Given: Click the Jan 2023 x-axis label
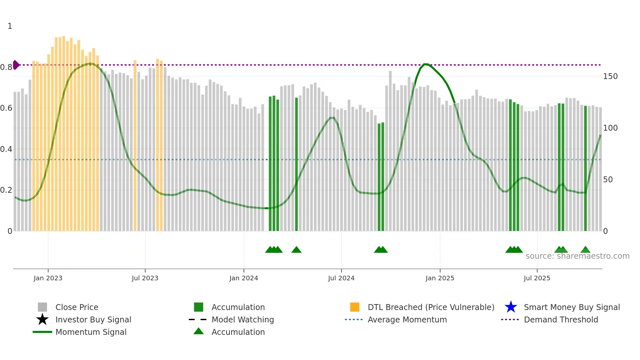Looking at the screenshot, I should [48, 278].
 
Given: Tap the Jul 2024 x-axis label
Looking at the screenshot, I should [341, 278].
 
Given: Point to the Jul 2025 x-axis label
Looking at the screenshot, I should [537, 278].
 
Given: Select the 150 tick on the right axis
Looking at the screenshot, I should [610, 76].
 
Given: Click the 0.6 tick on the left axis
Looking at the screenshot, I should [6, 108].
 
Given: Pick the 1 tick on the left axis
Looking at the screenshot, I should [10, 26].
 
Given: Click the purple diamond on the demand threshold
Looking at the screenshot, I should [16, 65].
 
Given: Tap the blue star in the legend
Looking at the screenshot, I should [511, 307].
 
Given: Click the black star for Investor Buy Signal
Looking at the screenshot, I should [42, 319].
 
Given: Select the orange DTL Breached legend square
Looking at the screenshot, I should [355, 307].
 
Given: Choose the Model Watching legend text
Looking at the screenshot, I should [243, 319].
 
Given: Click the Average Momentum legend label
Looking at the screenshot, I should [407, 319].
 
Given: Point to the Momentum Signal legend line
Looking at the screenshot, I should [42, 332].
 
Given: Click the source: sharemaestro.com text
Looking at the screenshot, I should [577, 256].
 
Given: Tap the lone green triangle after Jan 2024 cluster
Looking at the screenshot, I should [296, 250].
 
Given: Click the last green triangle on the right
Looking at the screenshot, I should [585, 250].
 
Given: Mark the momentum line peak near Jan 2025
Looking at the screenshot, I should [425, 64].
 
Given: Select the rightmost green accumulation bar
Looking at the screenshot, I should [585, 168].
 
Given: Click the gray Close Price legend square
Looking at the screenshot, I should [42, 307].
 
